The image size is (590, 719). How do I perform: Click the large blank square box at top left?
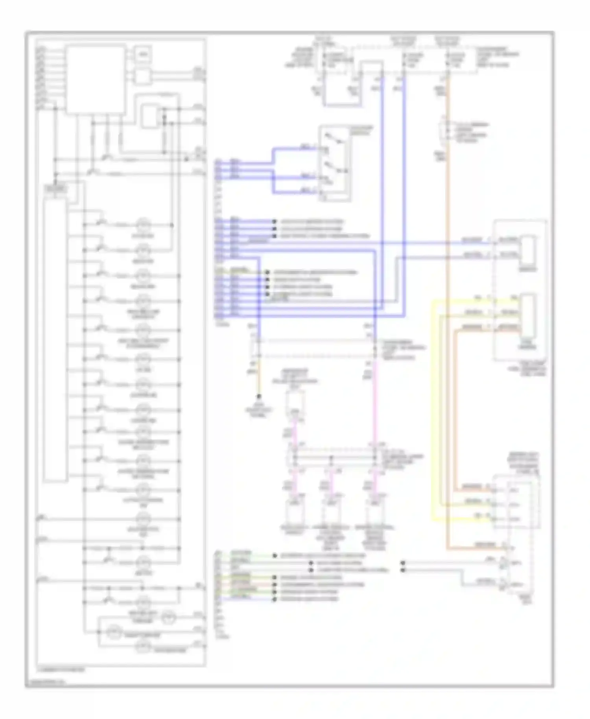point(96,80)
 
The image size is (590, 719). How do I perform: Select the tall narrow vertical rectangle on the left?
point(55,338)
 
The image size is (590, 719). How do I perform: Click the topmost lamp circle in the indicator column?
point(143,225)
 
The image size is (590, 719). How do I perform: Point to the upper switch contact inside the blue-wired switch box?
point(332,140)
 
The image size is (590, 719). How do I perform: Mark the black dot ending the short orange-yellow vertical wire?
point(259,396)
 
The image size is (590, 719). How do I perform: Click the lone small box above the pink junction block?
point(294,402)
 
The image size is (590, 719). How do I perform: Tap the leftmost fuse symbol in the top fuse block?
point(325,60)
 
